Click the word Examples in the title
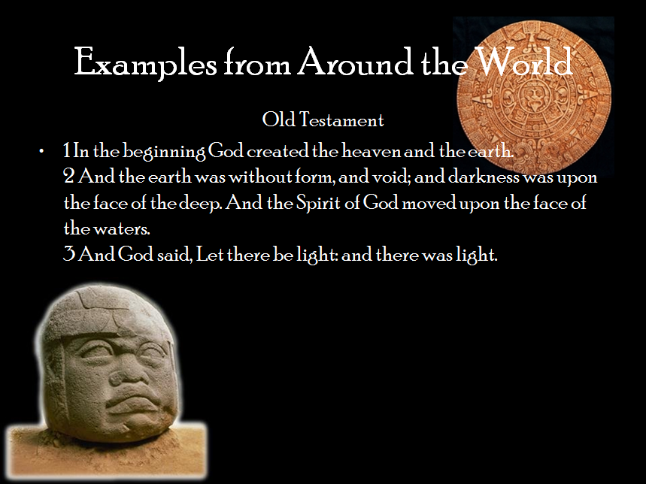tap(145, 62)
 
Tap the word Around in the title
tap(355, 62)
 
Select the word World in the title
tap(523, 62)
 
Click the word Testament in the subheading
tap(341, 119)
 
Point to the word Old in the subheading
tap(279, 119)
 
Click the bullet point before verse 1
tap(41, 152)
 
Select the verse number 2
tap(68, 177)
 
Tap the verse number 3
tap(68, 254)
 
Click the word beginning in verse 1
tap(164, 152)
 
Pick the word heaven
tap(371, 151)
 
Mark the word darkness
tap(484, 177)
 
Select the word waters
tap(122, 228)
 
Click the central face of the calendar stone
tap(535, 98)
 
